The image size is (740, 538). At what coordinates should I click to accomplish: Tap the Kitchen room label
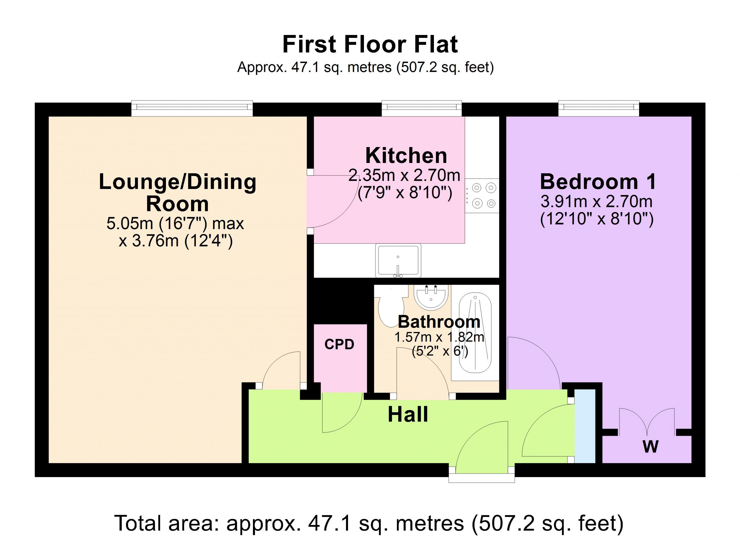coord(406,155)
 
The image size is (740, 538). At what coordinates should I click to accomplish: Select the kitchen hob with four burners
coord(482,196)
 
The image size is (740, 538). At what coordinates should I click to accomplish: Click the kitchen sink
coord(398,261)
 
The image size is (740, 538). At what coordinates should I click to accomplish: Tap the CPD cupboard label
coord(339,345)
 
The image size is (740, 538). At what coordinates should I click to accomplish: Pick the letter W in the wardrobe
coord(651,447)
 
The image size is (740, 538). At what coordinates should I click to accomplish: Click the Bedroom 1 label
coord(598,182)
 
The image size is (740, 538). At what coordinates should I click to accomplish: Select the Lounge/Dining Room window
coord(192,108)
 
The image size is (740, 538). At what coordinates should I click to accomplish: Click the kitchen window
coord(422,108)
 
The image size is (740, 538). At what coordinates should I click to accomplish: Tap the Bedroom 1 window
coord(599,108)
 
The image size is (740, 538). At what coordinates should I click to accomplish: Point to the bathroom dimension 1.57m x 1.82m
coord(439,337)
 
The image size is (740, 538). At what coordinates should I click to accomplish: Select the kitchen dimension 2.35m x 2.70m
coord(405,175)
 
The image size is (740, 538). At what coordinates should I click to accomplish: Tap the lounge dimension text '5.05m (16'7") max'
coord(175,224)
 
